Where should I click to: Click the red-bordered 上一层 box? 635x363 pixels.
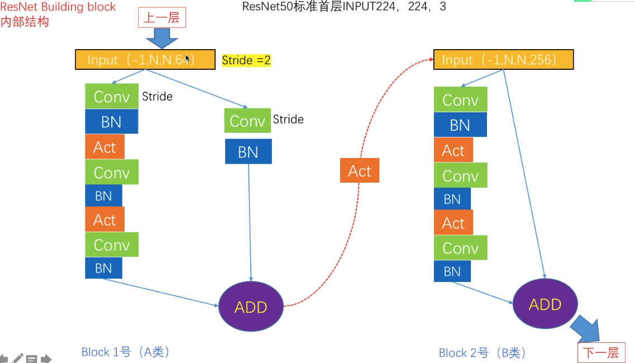tap(161, 18)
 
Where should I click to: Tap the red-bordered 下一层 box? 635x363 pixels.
tap(601, 352)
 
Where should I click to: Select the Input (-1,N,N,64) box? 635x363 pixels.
tap(145, 60)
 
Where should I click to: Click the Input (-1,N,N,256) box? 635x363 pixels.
tap(503, 60)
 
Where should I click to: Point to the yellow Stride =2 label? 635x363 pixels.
tap(246, 60)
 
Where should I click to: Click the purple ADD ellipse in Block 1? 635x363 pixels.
tap(251, 307)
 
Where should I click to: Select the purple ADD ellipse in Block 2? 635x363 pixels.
tap(545, 304)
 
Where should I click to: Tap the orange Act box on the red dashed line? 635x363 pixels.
tap(359, 171)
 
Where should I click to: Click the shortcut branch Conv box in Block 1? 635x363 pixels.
tap(247, 121)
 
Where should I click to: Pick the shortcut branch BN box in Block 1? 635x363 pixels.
tap(248, 151)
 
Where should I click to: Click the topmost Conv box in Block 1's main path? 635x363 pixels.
tap(112, 96)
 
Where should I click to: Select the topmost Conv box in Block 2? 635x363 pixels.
tap(460, 99)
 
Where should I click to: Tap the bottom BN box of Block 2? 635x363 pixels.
tap(452, 271)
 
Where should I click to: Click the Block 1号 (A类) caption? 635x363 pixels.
tap(126, 352)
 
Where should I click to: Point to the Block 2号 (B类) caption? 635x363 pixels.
tap(483, 353)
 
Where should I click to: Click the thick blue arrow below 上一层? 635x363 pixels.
tap(161, 39)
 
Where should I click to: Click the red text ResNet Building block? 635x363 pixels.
tap(58, 7)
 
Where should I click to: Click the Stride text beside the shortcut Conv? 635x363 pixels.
tap(288, 119)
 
